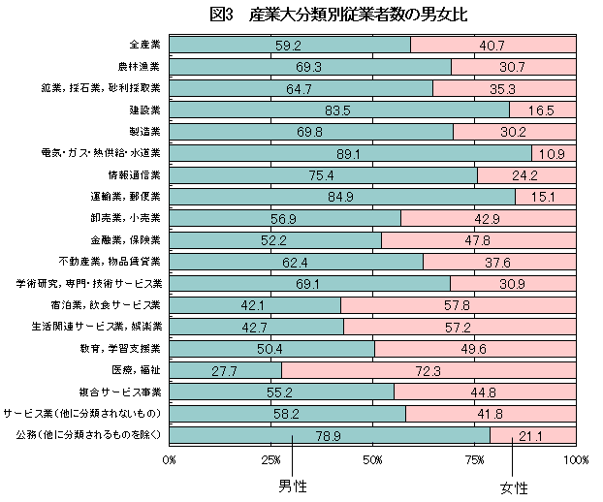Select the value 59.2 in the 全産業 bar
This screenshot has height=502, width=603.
click(x=289, y=46)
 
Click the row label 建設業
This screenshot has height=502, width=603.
click(x=145, y=110)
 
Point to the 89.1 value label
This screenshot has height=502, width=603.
click(x=348, y=154)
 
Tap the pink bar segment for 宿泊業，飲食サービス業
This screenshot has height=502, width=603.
click(x=459, y=305)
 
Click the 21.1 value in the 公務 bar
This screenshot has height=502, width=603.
click(x=530, y=436)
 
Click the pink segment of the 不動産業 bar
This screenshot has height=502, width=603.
click(x=499, y=262)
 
